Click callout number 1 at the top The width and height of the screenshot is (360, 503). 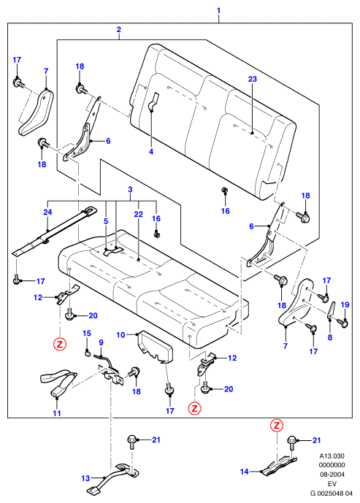219,11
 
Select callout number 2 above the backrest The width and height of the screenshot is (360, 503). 119,30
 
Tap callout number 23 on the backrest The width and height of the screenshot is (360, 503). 253,79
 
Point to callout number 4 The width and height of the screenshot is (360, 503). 151,151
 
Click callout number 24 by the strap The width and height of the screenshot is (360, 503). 47,212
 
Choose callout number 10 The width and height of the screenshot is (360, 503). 120,335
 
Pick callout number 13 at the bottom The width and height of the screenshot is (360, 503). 85,478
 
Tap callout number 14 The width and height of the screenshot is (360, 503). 245,471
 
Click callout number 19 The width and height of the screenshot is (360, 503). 345,304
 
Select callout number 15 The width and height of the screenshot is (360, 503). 87,334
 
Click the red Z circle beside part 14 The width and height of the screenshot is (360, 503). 277,426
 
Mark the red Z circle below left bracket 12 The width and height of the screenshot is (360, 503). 60,344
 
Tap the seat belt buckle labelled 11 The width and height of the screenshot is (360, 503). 59,383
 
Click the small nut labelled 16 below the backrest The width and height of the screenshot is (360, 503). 225,191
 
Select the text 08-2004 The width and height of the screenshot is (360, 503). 332,474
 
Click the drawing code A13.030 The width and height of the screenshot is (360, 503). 332,456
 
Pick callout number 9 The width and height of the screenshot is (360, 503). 101,342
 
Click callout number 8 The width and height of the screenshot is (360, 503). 330,337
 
